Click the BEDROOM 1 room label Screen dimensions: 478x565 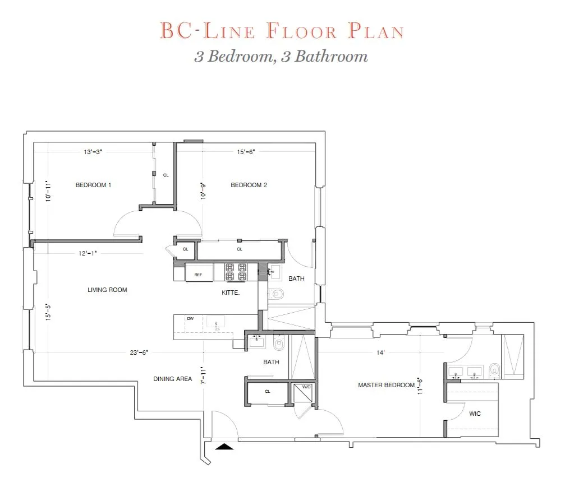click(x=93, y=185)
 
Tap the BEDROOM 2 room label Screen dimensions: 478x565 click(x=249, y=185)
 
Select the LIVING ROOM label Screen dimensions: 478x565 click(x=107, y=290)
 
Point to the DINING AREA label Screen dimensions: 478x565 click(x=173, y=379)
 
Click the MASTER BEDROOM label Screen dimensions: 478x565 click(x=387, y=385)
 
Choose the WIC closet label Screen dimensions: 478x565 click(x=475, y=414)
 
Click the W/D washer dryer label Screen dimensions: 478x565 click(x=306, y=387)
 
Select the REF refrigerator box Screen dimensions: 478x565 click(x=199, y=275)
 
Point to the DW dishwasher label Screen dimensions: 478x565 click(x=190, y=319)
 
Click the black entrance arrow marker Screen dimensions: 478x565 click(x=224, y=446)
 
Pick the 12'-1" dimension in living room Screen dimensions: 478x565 click(x=88, y=253)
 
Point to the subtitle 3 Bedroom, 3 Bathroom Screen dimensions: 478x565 click(x=281, y=57)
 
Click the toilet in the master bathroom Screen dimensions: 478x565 click(x=494, y=370)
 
